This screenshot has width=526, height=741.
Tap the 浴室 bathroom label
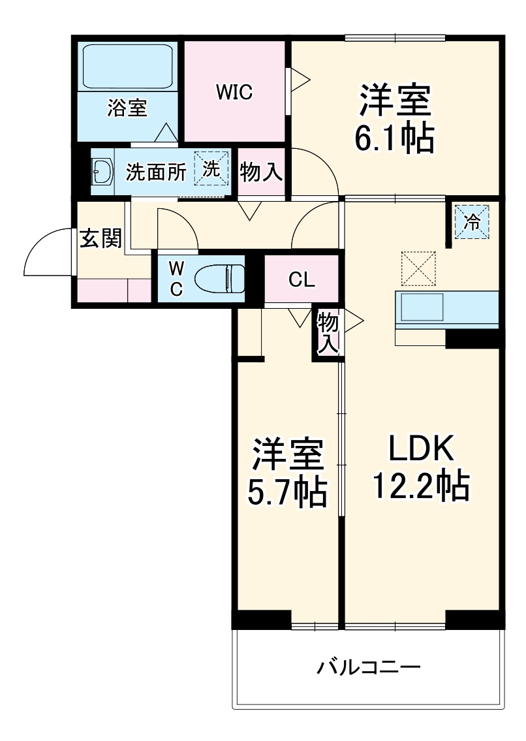(x=127, y=108)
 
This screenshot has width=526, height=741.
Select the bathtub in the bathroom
(x=128, y=66)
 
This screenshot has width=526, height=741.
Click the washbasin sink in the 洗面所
(x=102, y=172)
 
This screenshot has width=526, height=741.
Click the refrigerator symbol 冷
(x=471, y=221)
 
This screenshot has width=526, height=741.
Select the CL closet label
(x=302, y=279)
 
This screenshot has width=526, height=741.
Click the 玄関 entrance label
(x=101, y=239)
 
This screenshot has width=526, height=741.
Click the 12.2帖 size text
(x=421, y=486)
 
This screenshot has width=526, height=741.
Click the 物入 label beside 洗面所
(x=262, y=172)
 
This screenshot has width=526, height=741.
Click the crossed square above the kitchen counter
(x=417, y=268)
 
